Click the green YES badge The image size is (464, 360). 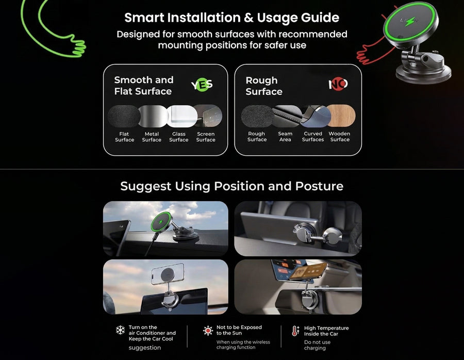pyautogui.click(x=202, y=85)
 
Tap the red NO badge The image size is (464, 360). pyautogui.click(x=338, y=84)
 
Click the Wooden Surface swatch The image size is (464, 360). pyautogui.click(x=341, y=116)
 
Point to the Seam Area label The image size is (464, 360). pyautogui.click(x=285, y=137)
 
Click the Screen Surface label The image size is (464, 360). pyautogui.click(x=206, y=137)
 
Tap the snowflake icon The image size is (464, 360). pyautogui.click(x=120, y=330)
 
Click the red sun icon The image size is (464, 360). pyautogui.click(x=208, y=331)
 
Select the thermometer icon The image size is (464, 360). pyautogui.click(x=295, y=331)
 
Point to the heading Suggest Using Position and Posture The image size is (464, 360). pyautogui.click(x=231, y=186)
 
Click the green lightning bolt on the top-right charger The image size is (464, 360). pyautogui.click(x=410, y=22)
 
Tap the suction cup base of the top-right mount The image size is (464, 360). pyautogui.click(x=423, y=73)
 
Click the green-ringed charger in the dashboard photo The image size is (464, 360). pyautogui.click(x=161, y=221)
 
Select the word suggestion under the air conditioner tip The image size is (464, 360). pyautogui.click(x=145, y=348)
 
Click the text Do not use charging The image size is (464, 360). pyautogui.click(x=317, y=345)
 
